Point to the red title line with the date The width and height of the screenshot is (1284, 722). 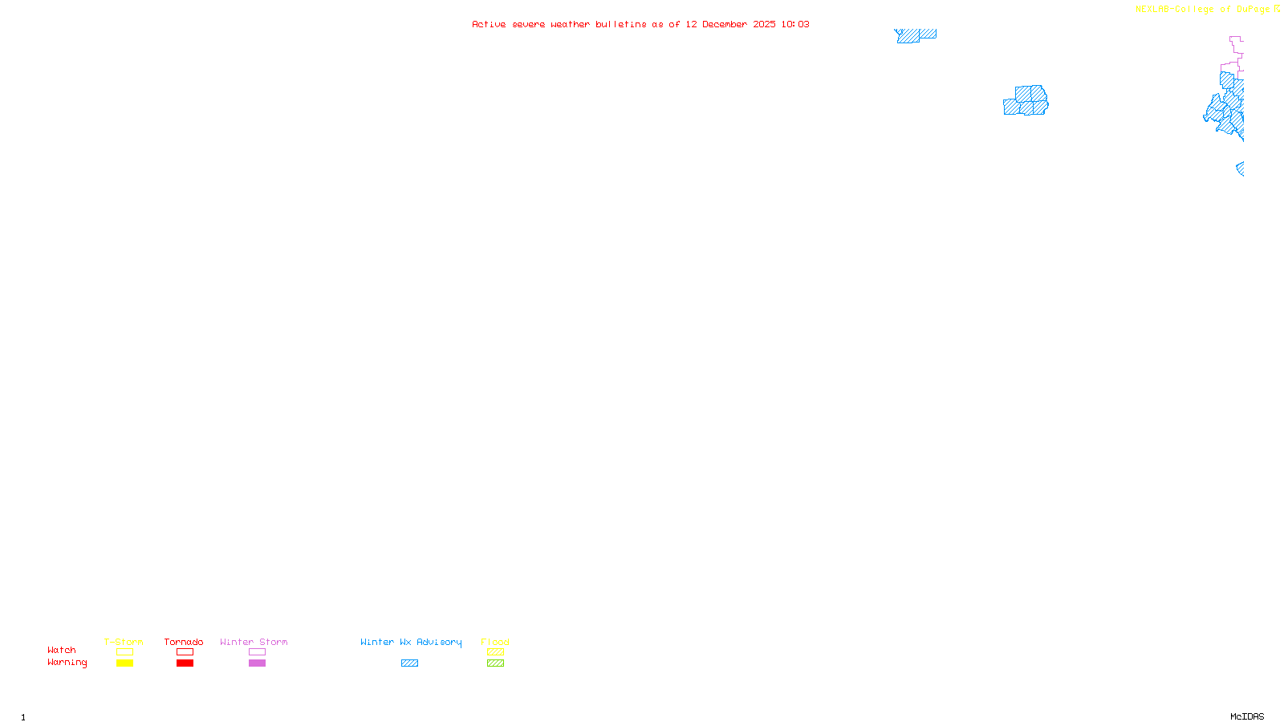(x=640, y=24)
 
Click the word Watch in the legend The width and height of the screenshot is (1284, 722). (x=62, y=650)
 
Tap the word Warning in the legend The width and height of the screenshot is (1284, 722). (x=67, y=663)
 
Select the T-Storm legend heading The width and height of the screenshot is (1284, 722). (x=124, y=642)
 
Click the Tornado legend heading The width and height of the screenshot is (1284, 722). (x=184, y=642)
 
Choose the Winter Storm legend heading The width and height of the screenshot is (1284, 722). (x=254, y=642)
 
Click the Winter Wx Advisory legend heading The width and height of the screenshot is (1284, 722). (x=411, y=642)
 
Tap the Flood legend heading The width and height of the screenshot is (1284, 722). (x=495, y=642)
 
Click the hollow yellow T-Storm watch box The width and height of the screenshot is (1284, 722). (x=124, y=652)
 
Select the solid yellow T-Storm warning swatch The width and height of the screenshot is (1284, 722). (x=124, y=663)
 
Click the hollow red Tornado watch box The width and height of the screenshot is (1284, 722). (x=185, y=652)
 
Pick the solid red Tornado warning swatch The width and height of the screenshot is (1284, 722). (x=185, y=663)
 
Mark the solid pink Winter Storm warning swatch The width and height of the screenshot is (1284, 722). (x=257, y=663)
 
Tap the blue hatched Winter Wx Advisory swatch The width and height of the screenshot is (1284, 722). (x=409, y=663)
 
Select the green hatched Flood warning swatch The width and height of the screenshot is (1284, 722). (x=495, y=663)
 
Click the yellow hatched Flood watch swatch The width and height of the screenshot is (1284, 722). (x=495, y=652)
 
